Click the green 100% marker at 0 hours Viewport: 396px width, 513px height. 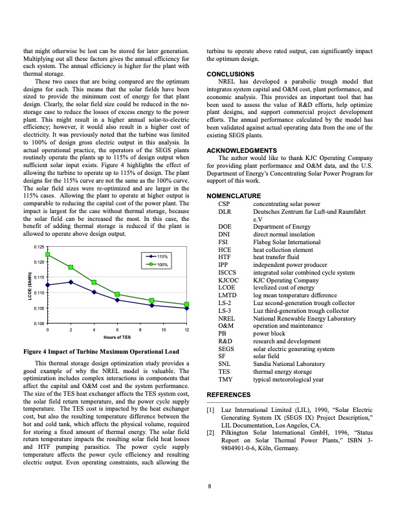click(48, 255)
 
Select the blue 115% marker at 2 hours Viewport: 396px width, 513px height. click(71, 282)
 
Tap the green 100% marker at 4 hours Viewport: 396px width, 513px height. click(94, 282)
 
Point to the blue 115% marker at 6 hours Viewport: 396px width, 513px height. click(117, 300)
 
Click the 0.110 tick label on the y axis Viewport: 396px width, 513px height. click(39, 293)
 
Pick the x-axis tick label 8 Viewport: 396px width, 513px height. click(140, 331)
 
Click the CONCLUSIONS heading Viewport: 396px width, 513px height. click(230, 74)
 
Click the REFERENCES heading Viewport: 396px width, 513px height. click(228, 394)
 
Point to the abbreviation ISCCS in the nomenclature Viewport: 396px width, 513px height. click(227, 254)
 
